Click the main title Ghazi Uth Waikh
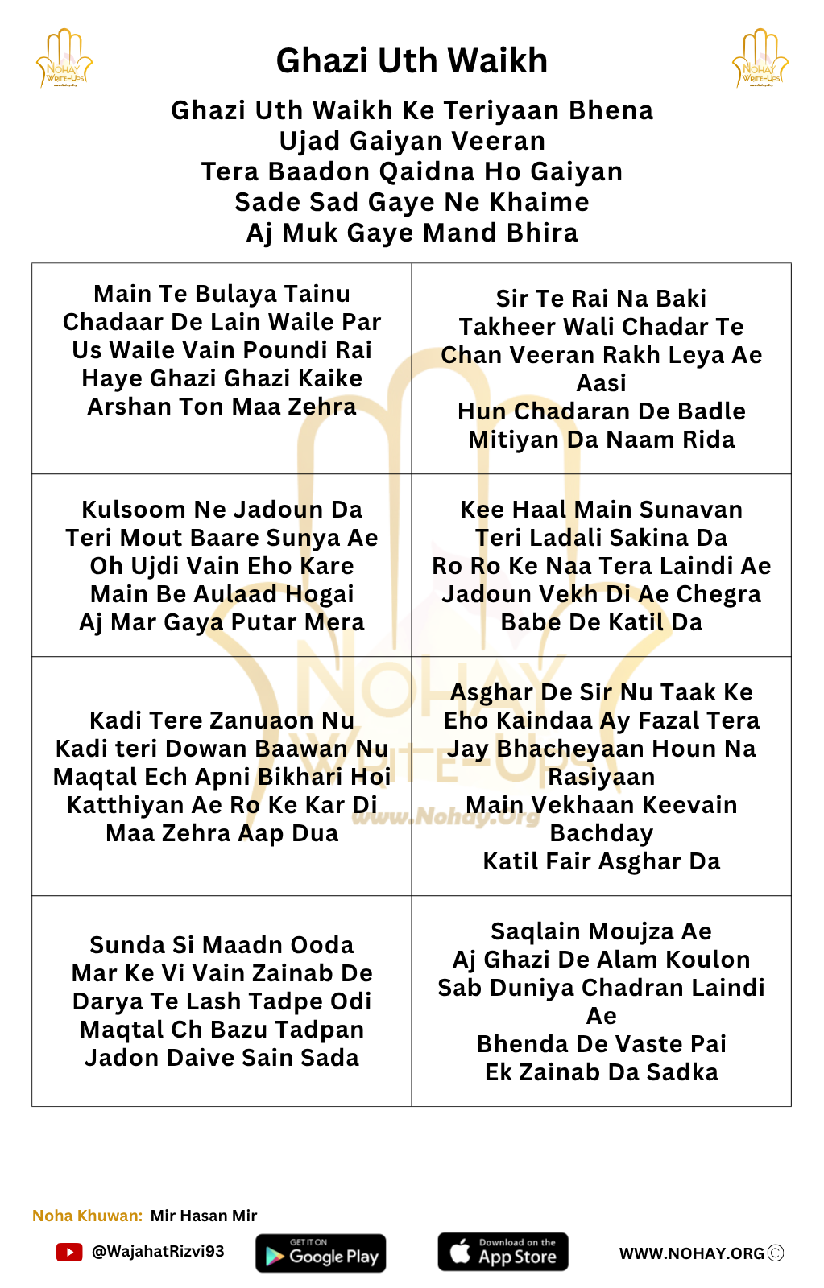[412, 61]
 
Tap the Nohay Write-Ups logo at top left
[64, 59]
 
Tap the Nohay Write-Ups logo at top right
[760, 59]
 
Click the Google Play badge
[321, 1253]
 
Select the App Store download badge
[503, 1252]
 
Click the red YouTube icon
[69, 1252]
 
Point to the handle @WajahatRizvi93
[158, 1252]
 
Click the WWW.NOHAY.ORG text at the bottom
[691, 1253]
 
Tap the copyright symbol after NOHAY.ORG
[776, 1253]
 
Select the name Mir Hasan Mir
[204, 1216]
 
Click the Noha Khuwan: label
[87, 1216]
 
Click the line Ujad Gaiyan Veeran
[412, 141]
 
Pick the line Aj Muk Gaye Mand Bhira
[412, 233]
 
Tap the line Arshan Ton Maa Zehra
[222, 407]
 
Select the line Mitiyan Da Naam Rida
[601, 440]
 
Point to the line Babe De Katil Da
[601, 622]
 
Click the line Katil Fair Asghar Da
[601, 861]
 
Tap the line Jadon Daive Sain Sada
[222, 1058]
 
